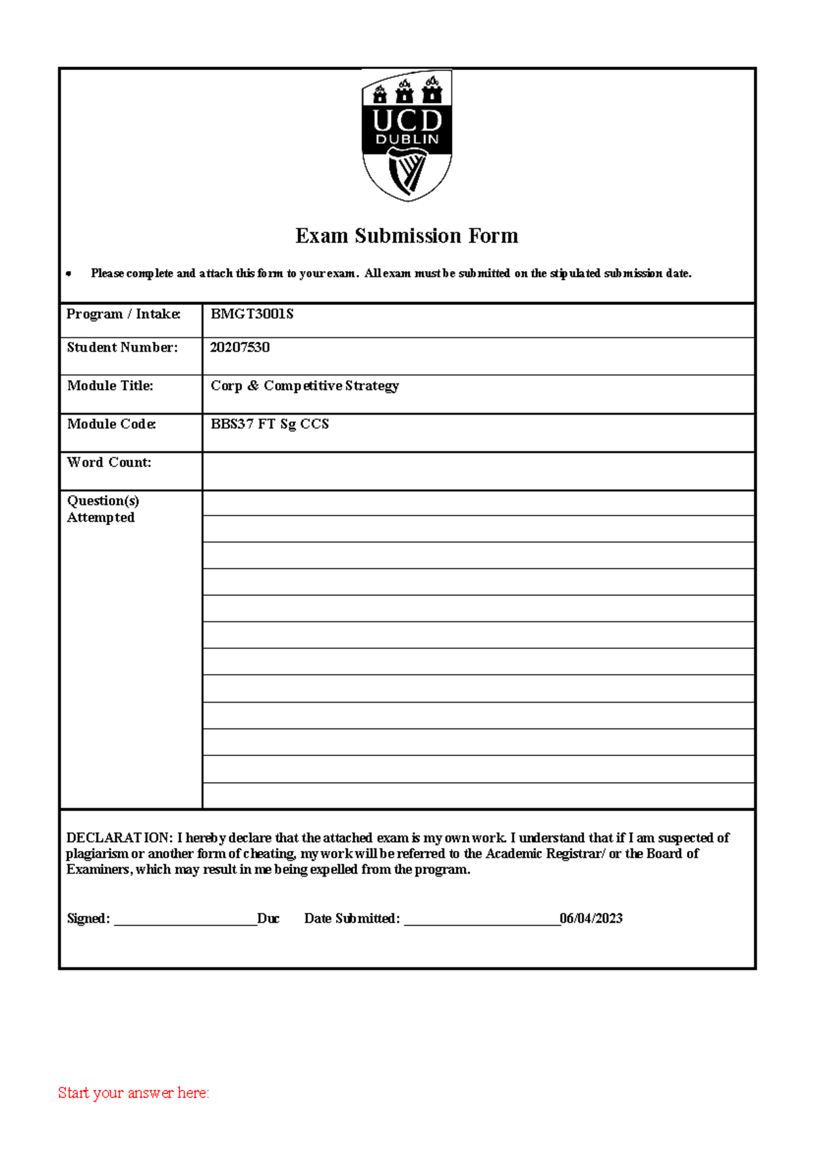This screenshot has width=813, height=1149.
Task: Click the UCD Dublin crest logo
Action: (406, 135)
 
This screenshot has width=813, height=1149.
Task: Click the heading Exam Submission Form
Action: (406, 236)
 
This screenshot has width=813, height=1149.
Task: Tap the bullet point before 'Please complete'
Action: (68, 274)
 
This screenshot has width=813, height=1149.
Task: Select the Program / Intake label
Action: (123, 314)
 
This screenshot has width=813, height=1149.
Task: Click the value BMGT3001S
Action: (251, 314)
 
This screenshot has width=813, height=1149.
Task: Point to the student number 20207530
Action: (239, 348)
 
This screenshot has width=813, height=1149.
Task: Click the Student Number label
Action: (122, 348)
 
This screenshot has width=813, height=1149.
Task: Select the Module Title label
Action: (110, 385)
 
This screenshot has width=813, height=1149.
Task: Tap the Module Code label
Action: (111, 424)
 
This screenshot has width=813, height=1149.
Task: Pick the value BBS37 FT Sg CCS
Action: (270, 424)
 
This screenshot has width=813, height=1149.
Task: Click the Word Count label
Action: (108, 463)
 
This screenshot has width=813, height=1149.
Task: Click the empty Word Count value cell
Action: (478, 471)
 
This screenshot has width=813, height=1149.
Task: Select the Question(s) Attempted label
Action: (102, 509)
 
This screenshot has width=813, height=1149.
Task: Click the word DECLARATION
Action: (119, 838)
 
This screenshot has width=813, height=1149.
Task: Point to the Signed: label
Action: (88, 919)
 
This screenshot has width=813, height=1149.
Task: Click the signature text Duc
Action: (268, 919)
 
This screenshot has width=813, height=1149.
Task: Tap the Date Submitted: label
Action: (352, 919)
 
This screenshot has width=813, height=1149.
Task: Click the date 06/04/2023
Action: (591, 919)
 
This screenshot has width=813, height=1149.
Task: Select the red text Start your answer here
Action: (133, 1093)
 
